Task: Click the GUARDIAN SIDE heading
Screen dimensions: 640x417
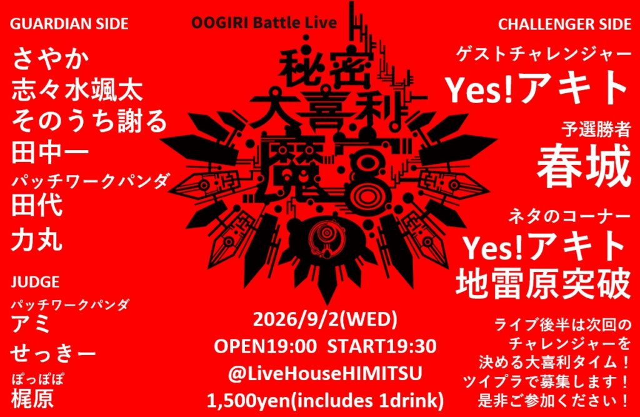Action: pos(69,24)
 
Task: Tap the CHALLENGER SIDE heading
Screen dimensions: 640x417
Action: pos(564,24)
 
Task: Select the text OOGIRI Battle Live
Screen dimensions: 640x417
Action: pos(264,23)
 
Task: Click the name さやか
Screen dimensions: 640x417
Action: pos(51,59)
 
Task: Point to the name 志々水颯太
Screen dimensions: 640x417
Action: pos(77,90)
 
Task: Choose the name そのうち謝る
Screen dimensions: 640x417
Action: pos(89,121)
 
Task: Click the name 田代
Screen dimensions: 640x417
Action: pos(37,204)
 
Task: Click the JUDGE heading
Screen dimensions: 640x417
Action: pos(35,282)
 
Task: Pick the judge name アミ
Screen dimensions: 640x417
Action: pos(31,324)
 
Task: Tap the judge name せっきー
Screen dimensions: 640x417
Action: pos(53,353)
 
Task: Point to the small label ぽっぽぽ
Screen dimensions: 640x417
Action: pos(37,379)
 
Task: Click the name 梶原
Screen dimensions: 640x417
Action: pos(32,398)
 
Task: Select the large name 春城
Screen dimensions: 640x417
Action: pos(584,166)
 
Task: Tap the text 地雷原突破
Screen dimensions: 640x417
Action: pos(543,282)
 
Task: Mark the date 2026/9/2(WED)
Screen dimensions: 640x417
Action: pos(325,319)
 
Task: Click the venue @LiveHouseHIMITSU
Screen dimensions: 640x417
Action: pos(325,374)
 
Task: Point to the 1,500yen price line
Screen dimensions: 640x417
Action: pos(325,401)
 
